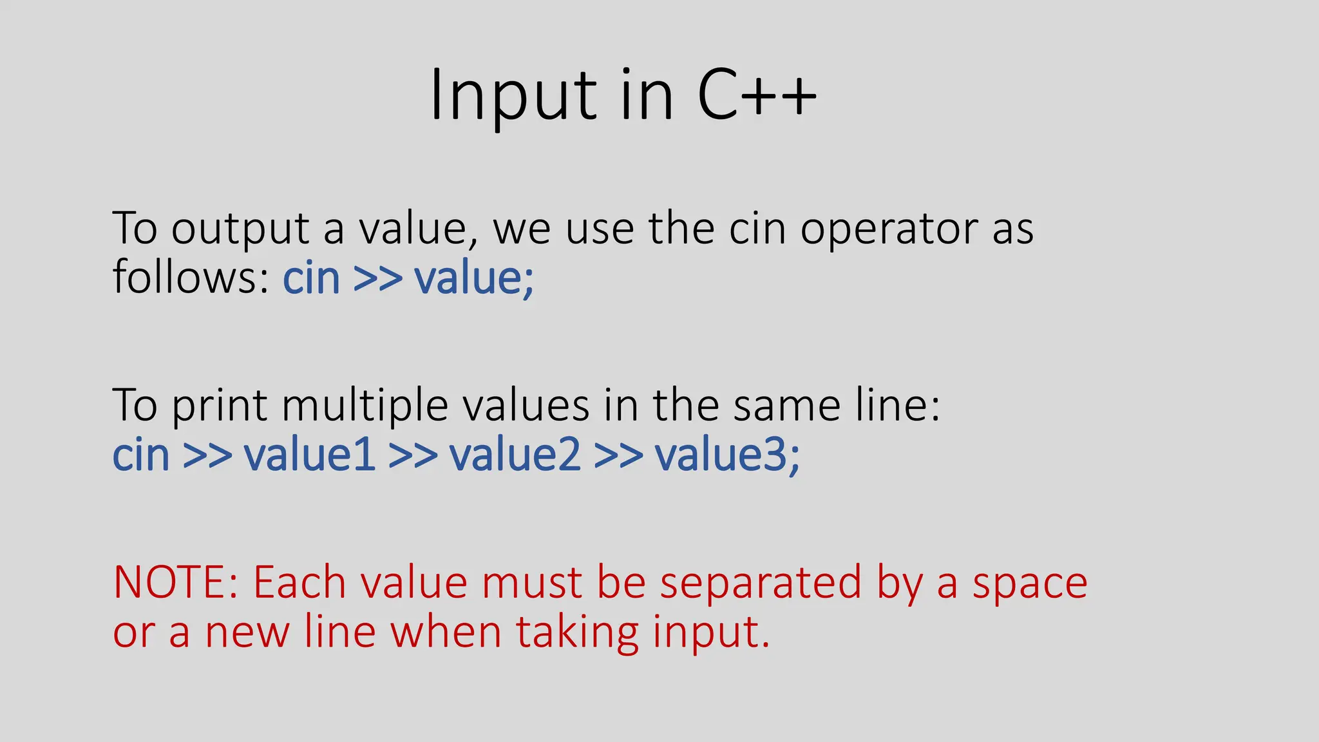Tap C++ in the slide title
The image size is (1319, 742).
click(757, 97)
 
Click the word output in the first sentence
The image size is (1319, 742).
click(240, 230)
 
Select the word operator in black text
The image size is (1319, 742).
click(889, 230)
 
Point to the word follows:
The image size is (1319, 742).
click(191, 278)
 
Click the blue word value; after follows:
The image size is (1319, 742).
click(474, 279)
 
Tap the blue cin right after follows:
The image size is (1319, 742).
click(311, 279)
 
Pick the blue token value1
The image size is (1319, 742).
click(310, 455)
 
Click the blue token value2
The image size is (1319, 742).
click(515, 455)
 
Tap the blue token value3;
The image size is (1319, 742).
click(728, 455)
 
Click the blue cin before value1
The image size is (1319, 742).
click(140, 455)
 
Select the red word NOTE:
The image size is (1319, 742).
click(176, 583)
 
